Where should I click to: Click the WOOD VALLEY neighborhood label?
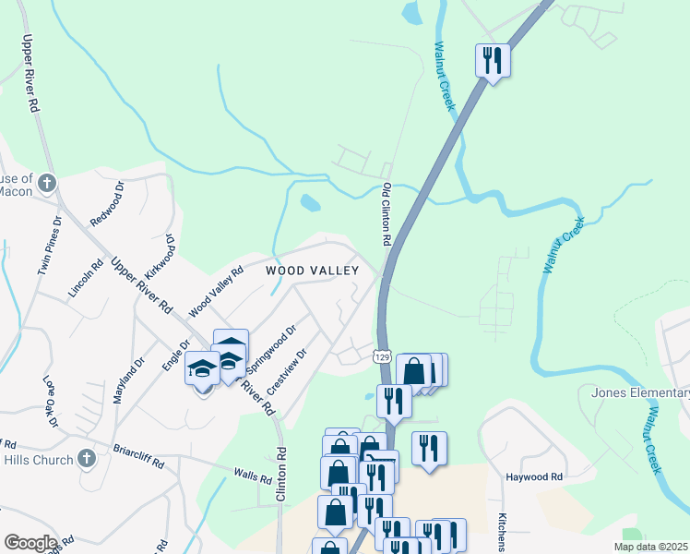(311, 271)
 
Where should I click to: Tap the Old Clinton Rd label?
(387, 213)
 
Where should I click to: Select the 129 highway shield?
(384, 355)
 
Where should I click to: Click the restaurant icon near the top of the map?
(493, 61)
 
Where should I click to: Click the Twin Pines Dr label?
(49, 247)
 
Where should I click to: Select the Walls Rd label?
(252, 476)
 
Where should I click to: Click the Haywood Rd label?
(534, 477)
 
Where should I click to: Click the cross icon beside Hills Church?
(86, 458)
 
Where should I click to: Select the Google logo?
(30, 543)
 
